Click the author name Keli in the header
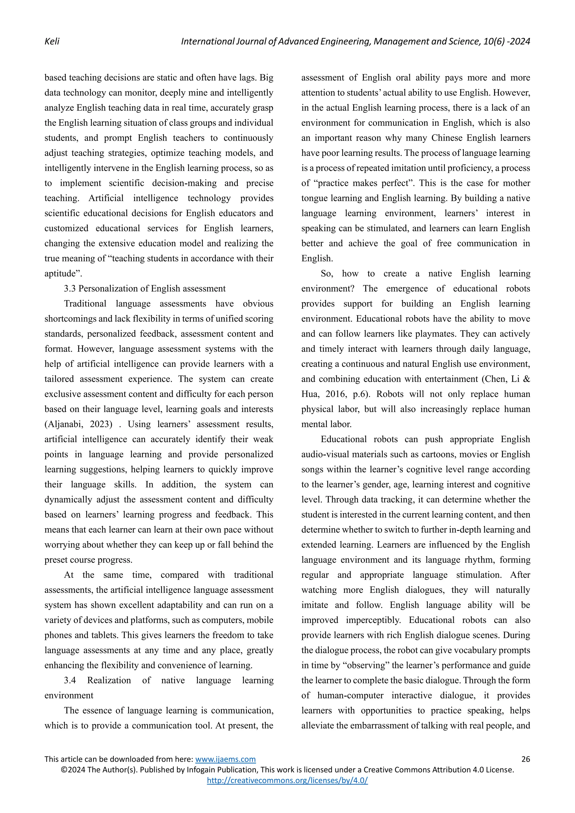click(x=52, y=42)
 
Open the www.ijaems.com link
click(x=225, y=759)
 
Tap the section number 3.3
click(x=70, y=289)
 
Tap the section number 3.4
click(x=70, y=680)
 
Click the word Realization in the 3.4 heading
click(x=109, y=680)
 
